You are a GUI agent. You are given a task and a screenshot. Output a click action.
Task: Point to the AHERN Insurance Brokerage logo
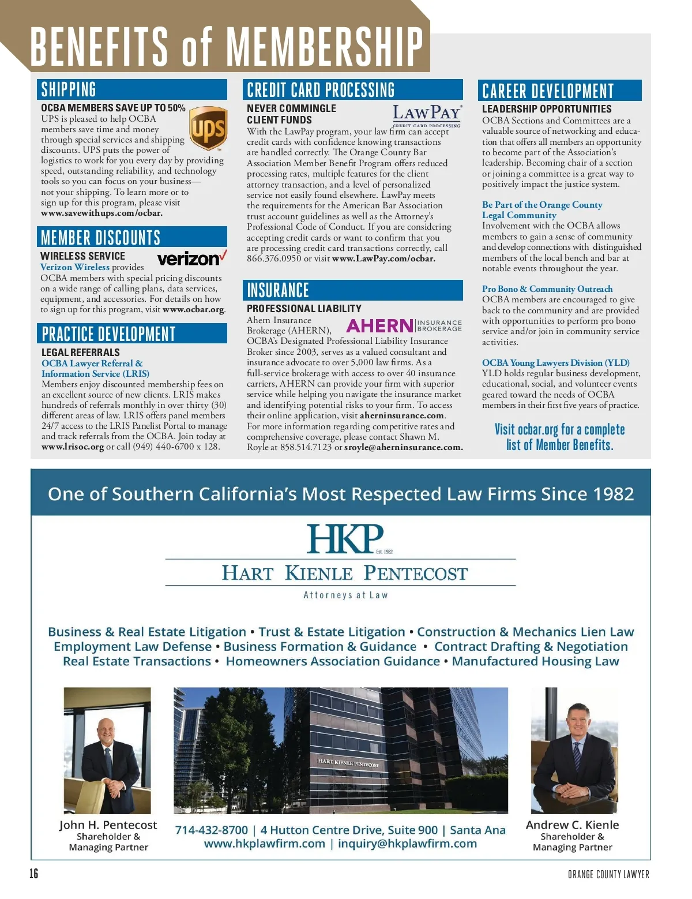404,326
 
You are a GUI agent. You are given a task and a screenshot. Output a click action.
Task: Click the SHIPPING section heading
69,89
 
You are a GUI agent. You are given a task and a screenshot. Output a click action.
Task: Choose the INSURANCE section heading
278,290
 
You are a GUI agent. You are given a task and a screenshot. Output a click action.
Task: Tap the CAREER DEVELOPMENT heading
548,91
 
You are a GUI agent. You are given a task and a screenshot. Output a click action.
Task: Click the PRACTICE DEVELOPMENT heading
108,334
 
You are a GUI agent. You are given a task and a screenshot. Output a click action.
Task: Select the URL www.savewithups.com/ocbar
101,213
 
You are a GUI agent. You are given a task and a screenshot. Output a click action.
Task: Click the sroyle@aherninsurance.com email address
403,447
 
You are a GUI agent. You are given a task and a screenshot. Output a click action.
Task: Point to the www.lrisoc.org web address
73,447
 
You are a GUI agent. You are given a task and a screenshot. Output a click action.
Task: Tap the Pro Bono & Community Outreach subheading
547,289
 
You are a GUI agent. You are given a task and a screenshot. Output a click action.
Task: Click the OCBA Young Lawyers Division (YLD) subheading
555,363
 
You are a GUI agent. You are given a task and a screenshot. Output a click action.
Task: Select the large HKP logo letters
344,539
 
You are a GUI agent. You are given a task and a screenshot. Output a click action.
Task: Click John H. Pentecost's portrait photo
107,750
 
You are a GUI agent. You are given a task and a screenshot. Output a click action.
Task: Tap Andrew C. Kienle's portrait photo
574,750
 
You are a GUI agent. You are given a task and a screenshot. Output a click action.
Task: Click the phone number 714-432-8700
211,830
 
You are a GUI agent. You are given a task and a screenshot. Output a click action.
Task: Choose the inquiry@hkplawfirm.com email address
407,844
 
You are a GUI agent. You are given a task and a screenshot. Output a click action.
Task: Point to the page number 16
34,874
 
